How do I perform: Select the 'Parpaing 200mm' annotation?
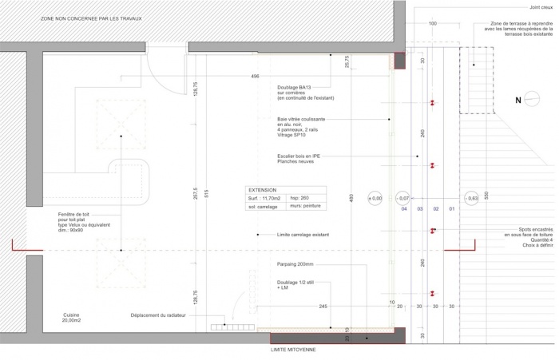(295, 263)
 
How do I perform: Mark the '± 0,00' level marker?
(375, 197)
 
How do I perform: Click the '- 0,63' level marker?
(472, 197)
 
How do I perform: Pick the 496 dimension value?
(255, 76)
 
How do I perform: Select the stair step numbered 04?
(404, 209)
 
